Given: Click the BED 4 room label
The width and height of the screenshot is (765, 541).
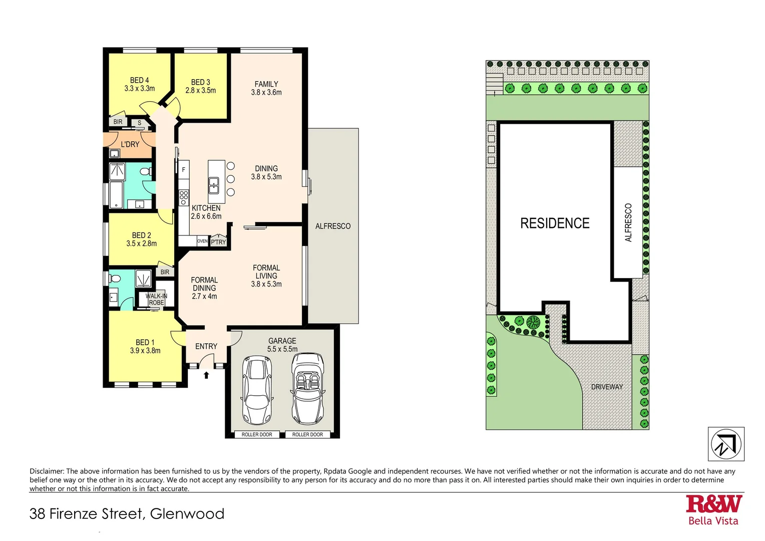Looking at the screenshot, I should [139, 80].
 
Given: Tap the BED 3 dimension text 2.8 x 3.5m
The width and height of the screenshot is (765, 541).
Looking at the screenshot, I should [200, 91].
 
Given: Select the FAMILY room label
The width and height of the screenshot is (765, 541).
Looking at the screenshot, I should [266, 84].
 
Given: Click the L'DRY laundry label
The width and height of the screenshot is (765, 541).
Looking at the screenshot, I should [130, 144].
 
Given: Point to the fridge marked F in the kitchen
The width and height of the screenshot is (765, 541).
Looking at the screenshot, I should [184, 170].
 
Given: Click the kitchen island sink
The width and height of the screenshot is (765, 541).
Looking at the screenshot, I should [214, 185].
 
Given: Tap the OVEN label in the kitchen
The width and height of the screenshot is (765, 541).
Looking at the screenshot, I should [202, 241].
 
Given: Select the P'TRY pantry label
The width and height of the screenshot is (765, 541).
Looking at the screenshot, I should [218, 242].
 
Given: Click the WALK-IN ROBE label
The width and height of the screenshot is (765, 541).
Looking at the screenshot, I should [156, 299].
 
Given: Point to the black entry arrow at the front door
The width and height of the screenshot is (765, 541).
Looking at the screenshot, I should [206, 375].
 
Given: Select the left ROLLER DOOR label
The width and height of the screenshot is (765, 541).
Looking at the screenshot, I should [257, 434].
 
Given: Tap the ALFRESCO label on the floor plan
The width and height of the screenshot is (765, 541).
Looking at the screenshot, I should [333, 226].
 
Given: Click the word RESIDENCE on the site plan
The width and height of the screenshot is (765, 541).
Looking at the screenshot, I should [555, 223].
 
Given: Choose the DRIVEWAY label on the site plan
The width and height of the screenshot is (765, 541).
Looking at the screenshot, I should [607, 387].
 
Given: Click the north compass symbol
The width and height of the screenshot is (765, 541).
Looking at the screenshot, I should [726, 444].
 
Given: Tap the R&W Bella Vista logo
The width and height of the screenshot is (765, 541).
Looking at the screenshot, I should [713, 509].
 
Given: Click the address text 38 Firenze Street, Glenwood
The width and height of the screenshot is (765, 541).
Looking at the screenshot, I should [127, 514].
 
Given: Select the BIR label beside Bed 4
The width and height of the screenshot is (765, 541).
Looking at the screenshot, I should [118, 122].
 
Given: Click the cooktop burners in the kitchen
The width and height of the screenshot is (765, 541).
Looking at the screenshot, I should [184, 198].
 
